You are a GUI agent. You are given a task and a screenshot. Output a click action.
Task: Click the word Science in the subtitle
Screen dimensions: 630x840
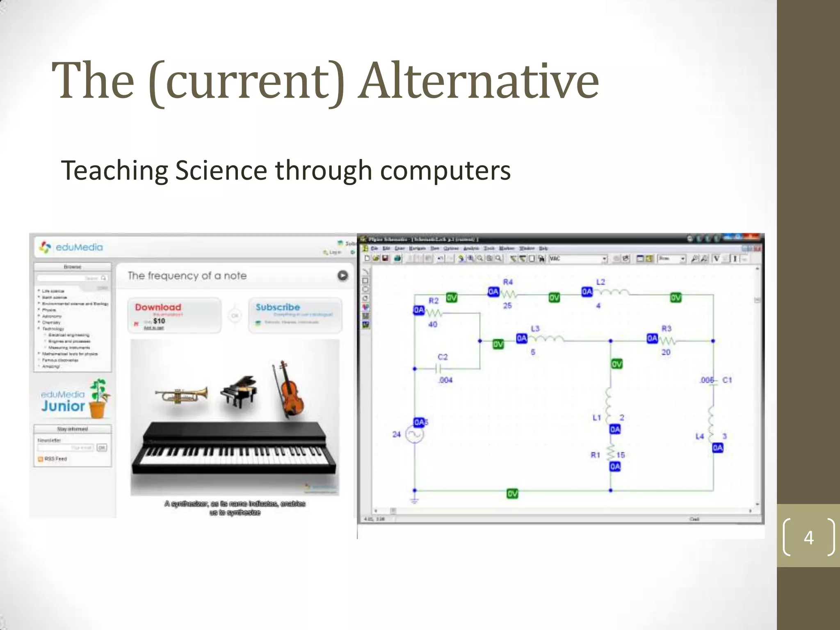(x=221, y=170)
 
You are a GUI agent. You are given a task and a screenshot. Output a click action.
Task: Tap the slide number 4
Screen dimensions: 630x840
(x=808, y=537)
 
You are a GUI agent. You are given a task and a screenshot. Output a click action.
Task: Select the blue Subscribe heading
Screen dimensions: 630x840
(x=278, y=307)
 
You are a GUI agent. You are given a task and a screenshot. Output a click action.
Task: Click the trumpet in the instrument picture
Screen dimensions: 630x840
(x=181, y=395)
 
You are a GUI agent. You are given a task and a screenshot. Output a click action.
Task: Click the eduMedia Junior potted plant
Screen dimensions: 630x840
(x=99, y=398)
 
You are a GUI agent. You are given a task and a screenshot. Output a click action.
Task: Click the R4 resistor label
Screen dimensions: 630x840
(x=508, y=282)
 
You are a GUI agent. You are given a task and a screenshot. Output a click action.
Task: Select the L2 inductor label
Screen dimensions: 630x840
(x=600, y=282)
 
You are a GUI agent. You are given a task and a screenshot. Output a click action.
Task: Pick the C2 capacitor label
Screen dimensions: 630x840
(x=443, y=357)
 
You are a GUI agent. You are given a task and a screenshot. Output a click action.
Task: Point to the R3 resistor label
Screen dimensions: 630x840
(x=666, y=329)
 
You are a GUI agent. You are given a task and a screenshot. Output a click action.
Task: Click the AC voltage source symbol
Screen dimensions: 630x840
(x=414, y=435)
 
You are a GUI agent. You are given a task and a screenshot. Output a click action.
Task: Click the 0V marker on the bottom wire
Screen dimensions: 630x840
(x=512, y=493)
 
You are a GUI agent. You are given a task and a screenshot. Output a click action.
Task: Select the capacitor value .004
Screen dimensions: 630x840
(x=445, y=380)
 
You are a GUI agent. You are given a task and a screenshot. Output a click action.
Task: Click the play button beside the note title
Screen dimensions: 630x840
(x=342, y=276)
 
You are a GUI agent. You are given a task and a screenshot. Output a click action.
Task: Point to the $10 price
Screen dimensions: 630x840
(x=159, y=321)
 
